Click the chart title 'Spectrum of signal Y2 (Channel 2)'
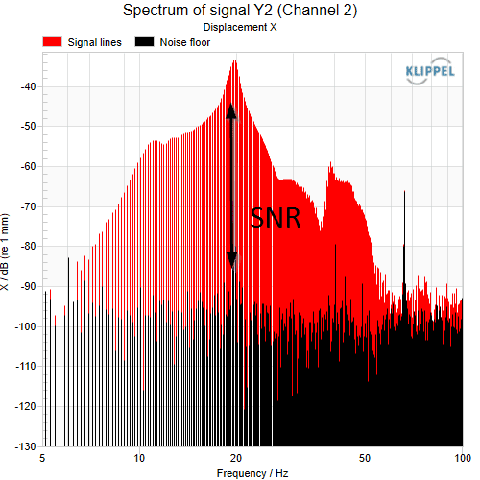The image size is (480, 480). coord(240,11)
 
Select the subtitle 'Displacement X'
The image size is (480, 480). coord(240,27)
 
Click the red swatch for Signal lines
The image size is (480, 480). coord(52,42)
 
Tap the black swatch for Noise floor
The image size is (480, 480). coord(144,42)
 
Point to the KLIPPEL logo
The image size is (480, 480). coord(430,71)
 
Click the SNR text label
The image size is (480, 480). coord(276,218)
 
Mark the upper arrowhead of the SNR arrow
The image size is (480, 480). coord(231,111)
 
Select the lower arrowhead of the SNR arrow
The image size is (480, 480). coord(231,260)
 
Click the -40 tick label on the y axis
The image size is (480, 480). coord(28,86)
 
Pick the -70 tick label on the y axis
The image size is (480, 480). coord(28,206)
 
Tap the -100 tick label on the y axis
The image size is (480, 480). coord(26,326)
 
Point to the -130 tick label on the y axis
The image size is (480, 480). coord(26,446)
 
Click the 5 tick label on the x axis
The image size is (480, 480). coord(42,458)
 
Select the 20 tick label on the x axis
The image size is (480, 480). coord(236,458)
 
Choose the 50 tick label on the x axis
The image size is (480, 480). coord(365,458)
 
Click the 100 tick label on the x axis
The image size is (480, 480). coord(463,458)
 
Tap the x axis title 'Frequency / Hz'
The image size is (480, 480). coord(252,473)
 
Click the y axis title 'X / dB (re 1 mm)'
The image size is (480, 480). coord(5,252)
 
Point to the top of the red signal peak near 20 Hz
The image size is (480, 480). coord(235,60)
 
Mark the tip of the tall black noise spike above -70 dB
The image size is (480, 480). coord(404,191)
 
